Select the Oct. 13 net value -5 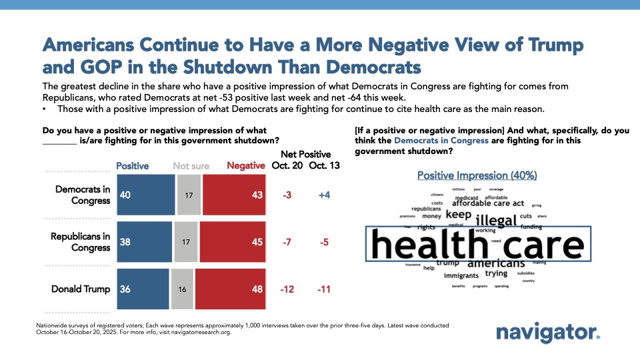(325, 242)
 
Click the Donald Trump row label (81, 289)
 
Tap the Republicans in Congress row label (81, 241)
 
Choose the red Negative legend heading (247, 165)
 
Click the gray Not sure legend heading (191, 165)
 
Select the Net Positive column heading (305, 154)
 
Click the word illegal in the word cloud (496, 220)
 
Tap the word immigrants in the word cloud (461, 275)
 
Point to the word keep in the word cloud (458, 215)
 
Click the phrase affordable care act (488, 203)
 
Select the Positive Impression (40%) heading (477, 175)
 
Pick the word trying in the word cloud (496, 273)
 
